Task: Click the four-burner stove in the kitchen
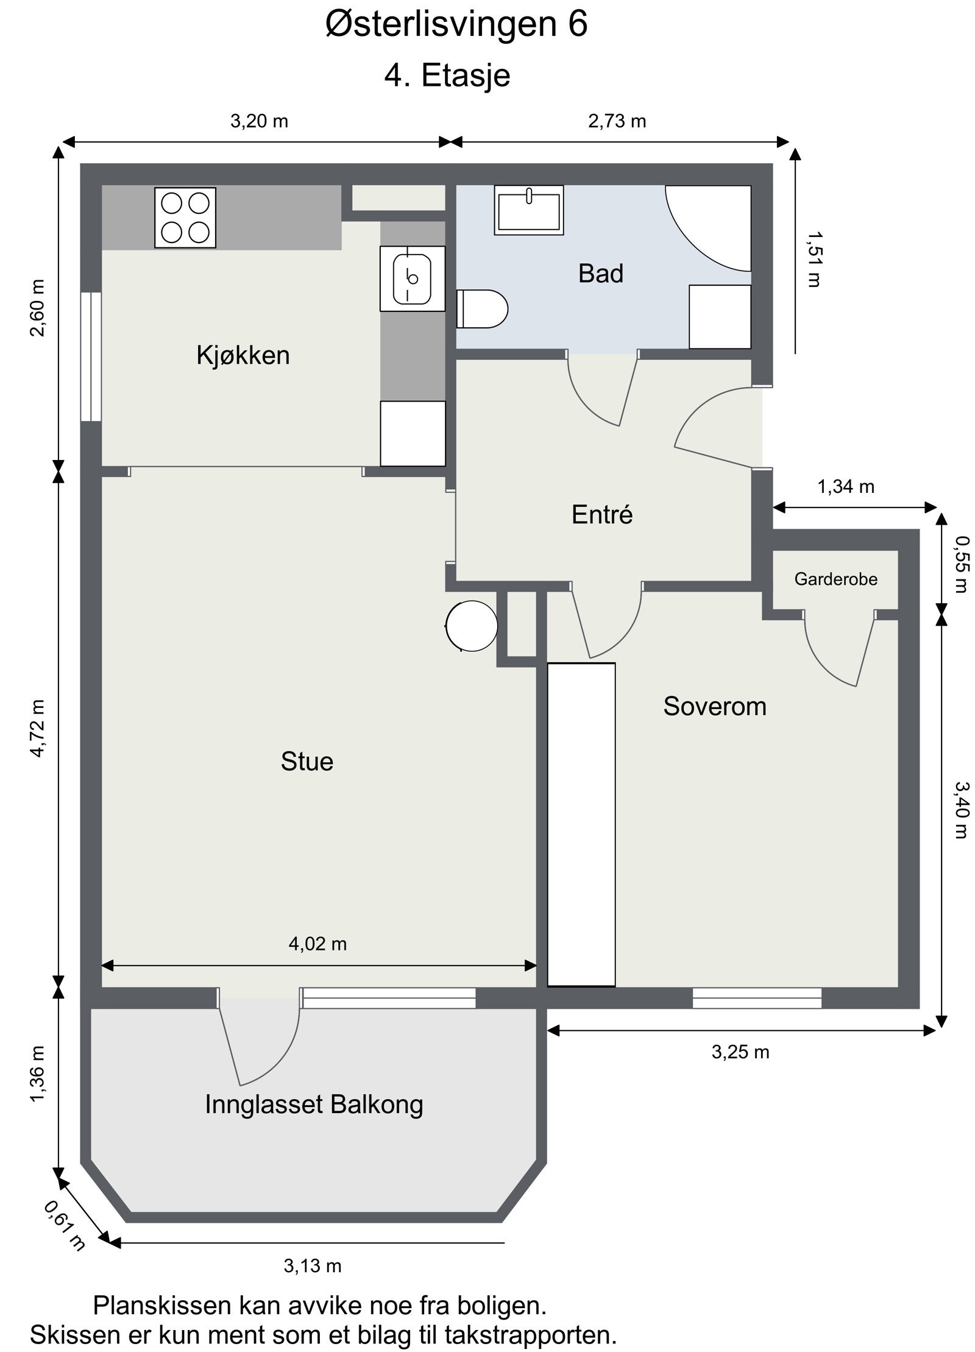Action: pyautogui.click(x=185, y=218)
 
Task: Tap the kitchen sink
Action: pyautogui.click(x=413, y=278)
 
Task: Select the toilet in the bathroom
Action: pyautogui.click(x=482, y=308)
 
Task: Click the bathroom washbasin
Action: pyautogui.click(x=529, y=210)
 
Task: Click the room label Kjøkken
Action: pyautogui.click(x=243, y=355)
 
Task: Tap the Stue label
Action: pyautogui.click(x=307, y=762)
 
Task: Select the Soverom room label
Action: pyautogui.click(x=715, y=706)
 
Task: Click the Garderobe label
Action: pyautogui.click(x=836, y=579)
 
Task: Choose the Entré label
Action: pyautogui.click(x=602, y=515)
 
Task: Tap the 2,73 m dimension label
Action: pyautogui.click(x=617, y=121)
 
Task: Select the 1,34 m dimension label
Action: pyautogui.click(x=846, y=487)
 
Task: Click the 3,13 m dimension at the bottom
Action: pyautogui.click(x=313, y=1266)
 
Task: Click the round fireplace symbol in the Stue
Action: pyautogui.click(x=472, y=625)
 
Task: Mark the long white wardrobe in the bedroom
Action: pyautogui.click(x=581, y=824)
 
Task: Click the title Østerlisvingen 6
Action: pyautogui.click(x=456, y=26)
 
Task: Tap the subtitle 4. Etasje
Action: pyautogui.click(x=447, y=76)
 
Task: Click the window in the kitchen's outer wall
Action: pyautogui.click(x=91, y=356)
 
